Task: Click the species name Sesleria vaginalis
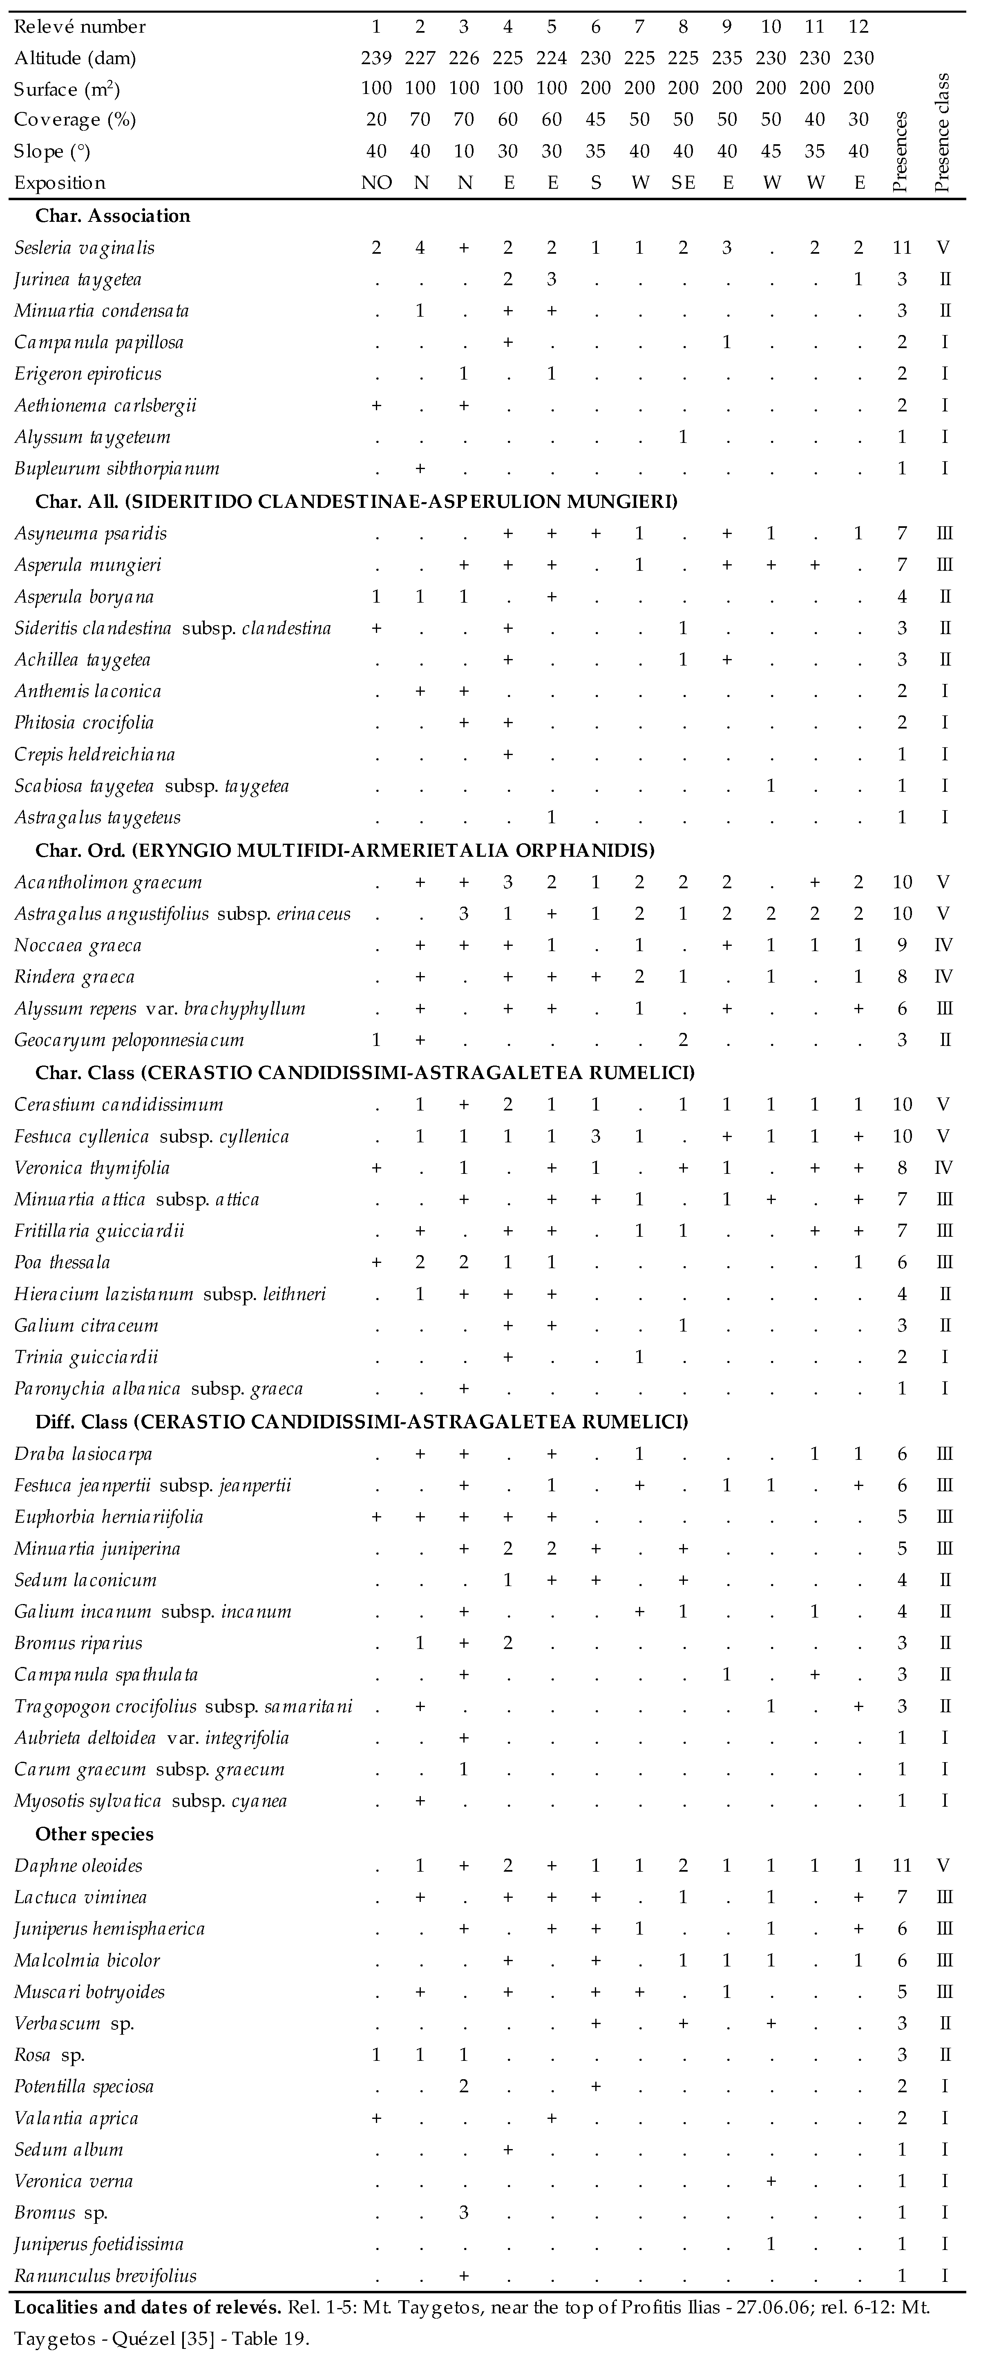pos(84,248)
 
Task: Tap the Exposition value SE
pos(683,183)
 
